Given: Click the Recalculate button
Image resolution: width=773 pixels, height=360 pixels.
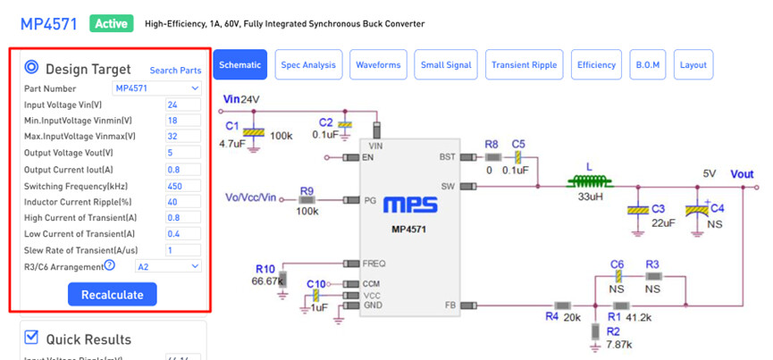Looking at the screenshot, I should point(112,294).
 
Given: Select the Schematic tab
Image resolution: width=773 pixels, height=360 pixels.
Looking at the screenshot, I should point(239,65).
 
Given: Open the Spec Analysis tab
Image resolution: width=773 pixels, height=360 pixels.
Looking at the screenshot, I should point(308,65).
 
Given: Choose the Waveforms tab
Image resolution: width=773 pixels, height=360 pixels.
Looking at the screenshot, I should point(378,65).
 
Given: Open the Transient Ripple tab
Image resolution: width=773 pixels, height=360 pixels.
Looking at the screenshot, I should point(525,65).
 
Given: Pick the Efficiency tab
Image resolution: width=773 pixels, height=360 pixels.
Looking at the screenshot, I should point(596,65).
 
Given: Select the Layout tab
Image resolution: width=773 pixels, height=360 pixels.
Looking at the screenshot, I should point(693,65).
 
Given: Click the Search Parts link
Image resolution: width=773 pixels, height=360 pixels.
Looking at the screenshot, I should point(175,71).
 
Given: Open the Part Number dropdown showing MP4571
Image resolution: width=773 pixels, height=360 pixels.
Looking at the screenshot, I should point(156,88).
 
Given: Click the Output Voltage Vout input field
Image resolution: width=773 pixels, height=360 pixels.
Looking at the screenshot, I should point(183,153).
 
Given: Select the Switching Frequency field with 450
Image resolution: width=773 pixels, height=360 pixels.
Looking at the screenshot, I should point(183,185).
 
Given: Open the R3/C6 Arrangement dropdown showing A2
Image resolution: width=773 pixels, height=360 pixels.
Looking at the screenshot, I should point(168,265).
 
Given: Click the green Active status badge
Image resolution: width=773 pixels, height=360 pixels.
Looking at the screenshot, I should point(111,22).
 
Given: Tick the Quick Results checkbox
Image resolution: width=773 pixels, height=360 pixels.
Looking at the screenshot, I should point(31,337).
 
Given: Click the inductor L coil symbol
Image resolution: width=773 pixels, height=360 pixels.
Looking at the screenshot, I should point(588,181).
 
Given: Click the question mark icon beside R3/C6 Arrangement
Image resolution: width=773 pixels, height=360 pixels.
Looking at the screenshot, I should point(110,265).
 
